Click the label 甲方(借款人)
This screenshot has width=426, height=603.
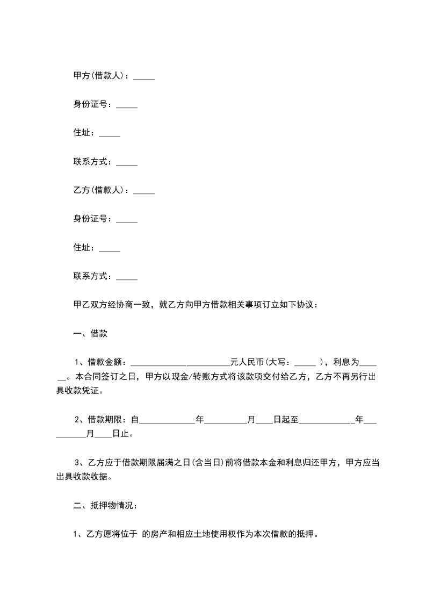(x=99, y=76)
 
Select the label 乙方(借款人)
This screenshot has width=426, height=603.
(x=99, y=190)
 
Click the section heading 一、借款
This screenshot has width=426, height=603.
(x=90, y=334)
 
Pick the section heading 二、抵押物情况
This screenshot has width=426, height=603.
(x=105, y=505)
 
